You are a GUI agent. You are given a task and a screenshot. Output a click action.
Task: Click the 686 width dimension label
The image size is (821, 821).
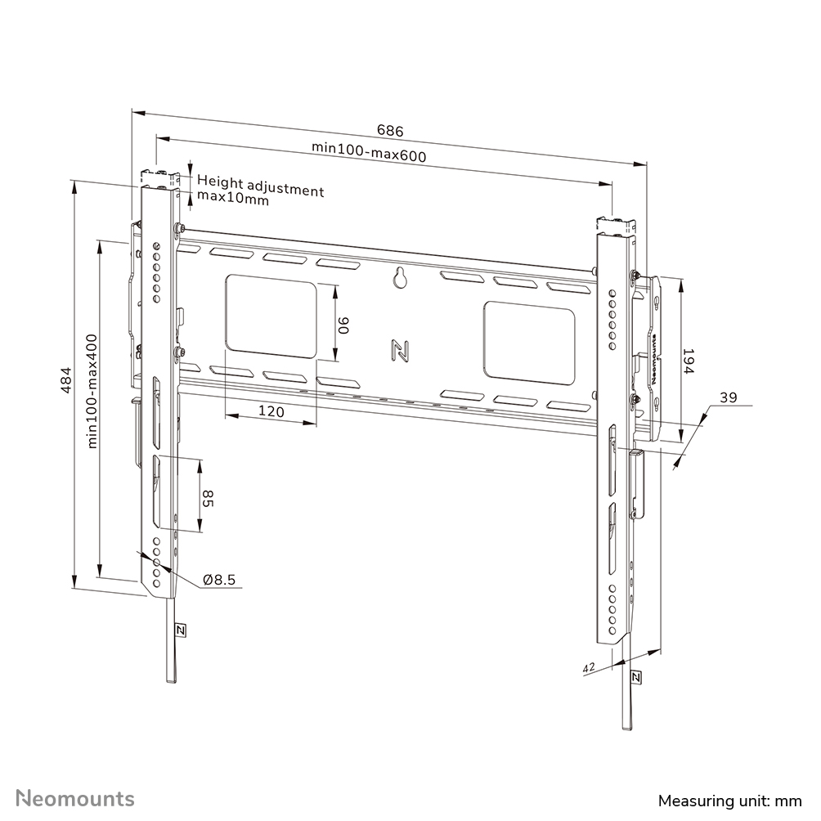pyautogui.click(x=390, y=130)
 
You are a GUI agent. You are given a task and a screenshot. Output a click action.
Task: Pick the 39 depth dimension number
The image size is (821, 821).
pyautogui.click(x=728, y=397)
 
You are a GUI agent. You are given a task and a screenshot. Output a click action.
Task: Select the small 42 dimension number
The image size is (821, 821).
pyautogui.click(x=588, y=668)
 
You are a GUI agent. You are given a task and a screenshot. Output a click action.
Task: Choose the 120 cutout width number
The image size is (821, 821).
pyautogui.click(x=271, y=412)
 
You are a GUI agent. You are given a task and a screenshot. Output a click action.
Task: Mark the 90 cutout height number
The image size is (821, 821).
pyautogui.click(x=344, y=325)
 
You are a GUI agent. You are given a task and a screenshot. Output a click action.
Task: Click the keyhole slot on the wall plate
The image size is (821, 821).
pyautogui.click(x=400, y=278)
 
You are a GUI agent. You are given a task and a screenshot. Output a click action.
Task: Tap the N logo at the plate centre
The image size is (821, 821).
pyautogui.click(x=400, y=350)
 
